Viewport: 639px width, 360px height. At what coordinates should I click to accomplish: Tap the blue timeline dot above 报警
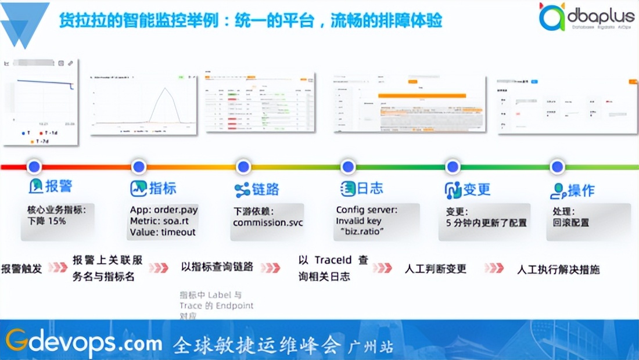[x=34, y=167]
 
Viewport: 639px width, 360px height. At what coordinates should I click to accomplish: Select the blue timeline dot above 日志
[x=348, y=167]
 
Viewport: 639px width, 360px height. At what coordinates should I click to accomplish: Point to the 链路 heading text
[x=265, y=189]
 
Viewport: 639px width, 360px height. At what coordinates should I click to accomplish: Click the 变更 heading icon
[x=453, y=189]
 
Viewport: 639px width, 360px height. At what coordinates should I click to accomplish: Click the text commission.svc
[x=268, y=222]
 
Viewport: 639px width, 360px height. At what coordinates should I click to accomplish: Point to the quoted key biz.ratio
[x=362, y=231]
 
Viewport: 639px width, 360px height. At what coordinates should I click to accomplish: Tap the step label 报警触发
[x=21, y=269]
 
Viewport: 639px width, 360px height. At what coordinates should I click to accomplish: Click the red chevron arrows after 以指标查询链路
[x=270, y=268]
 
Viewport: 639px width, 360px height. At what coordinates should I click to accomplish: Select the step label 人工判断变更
[x=435, y=269]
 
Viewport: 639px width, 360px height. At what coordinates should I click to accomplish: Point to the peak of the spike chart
[x=166, y=88]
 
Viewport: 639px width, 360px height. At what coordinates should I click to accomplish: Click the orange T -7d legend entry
[x=42, y=141]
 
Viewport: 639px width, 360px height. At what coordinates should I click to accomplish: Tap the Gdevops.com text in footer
[x=84, y=343]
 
